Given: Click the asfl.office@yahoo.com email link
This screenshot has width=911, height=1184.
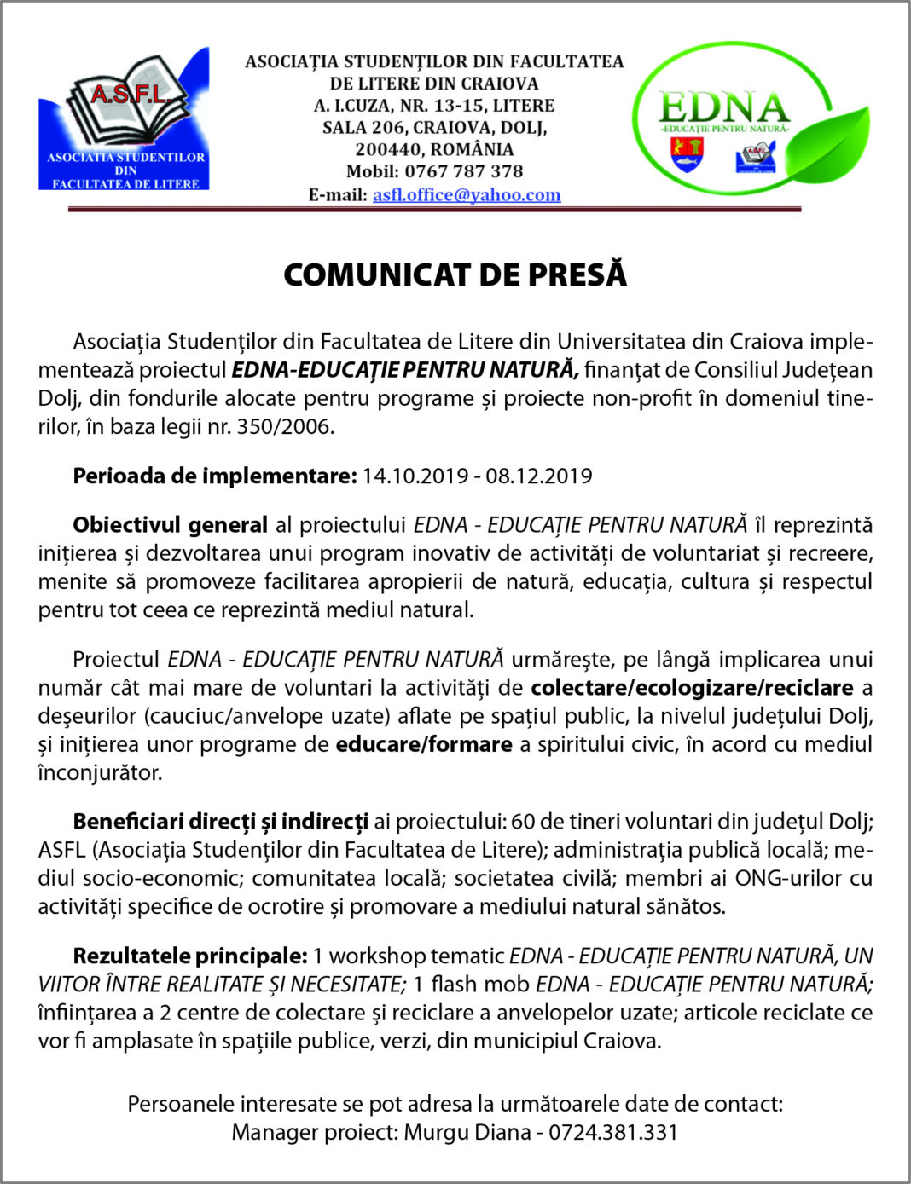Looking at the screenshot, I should click(x=467, y=195).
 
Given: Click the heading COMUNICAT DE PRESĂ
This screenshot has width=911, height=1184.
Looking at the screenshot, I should click(x=455, y=274).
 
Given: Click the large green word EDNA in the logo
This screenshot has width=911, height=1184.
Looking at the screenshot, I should click(x=724, y=107).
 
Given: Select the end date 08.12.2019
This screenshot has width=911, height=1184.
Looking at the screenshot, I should click(x=538, y=476).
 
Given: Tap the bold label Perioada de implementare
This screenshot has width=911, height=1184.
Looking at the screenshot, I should click(x=214, y=476).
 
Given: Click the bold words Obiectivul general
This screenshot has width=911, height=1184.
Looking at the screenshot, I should click(x=170, y=525).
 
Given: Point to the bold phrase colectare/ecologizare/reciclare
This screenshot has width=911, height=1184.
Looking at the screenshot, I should click(x=692, y=688).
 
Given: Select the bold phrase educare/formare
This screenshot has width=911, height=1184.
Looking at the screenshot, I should click(x=424, y=744).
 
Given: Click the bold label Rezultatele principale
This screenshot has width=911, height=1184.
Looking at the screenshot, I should click(x=189, y=956).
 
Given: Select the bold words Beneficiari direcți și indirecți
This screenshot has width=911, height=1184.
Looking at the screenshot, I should click(x=220, y=822).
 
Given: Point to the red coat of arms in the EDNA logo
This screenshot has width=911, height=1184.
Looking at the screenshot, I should click(x=687, y=154).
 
